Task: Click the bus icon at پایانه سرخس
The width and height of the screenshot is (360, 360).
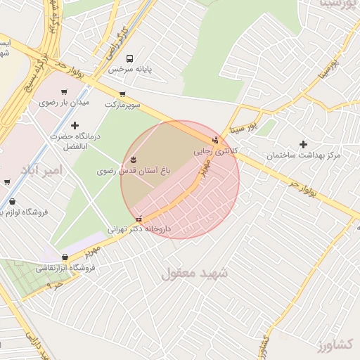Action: (x=129, y=59)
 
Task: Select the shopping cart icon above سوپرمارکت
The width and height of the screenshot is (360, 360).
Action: (x=122, y=94)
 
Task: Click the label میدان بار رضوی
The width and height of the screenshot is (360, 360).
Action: (x=65, y=103)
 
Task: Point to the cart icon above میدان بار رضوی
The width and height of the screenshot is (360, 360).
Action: (x=65, y=92)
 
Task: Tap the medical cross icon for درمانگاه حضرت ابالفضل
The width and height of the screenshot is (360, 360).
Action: (x=75, y=125)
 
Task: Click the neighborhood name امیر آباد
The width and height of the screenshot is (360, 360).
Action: (x=42, y=171)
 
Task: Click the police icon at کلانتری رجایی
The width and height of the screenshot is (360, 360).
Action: (x=215, y=140)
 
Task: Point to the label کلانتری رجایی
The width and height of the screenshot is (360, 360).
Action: (x=215, y=151)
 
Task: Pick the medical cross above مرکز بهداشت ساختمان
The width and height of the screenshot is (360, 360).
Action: (x=303, y=144)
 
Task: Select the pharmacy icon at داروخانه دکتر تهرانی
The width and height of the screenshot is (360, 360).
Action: (x=139, y=218)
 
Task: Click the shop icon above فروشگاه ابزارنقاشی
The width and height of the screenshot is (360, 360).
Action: (x=65, y=257)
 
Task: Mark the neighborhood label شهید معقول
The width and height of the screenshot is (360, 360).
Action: (x=195, y=272)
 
